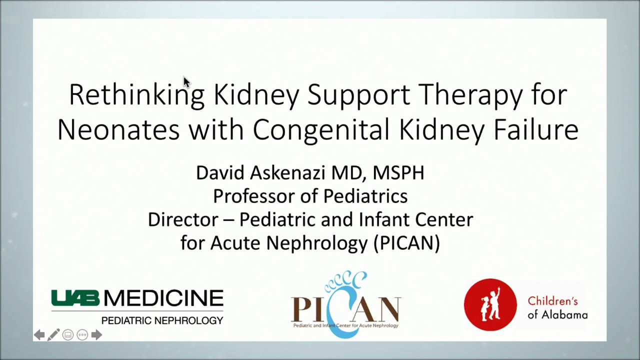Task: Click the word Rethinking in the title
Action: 136,94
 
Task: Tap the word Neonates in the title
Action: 118,130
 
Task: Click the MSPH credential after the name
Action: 398,173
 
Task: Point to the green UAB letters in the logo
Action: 75,298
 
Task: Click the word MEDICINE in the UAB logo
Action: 163,298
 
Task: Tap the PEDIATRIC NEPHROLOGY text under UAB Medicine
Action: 162,320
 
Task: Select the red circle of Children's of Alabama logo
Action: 490,304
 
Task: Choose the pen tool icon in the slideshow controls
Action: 53,334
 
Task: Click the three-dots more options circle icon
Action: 82,334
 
